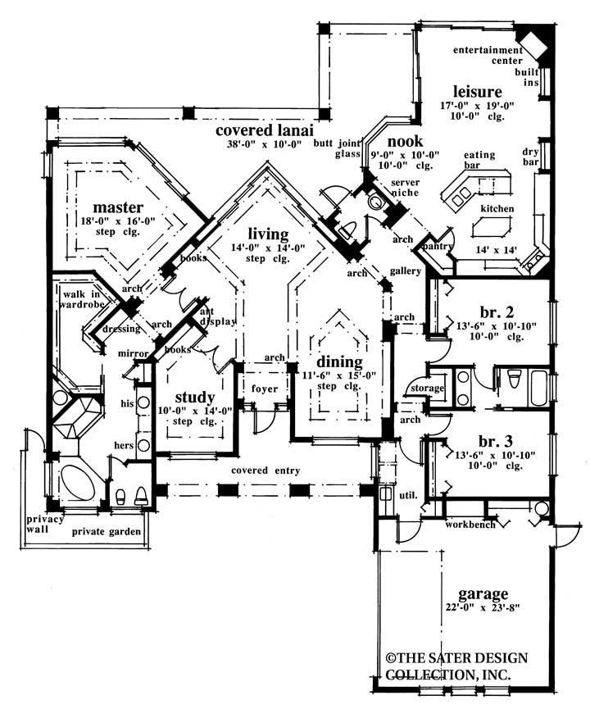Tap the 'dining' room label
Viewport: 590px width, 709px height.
(340, 361)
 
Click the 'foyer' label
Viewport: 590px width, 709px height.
(264, 389)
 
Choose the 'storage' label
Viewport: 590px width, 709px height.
(426, 388)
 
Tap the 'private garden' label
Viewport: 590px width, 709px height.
(106, 532)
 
